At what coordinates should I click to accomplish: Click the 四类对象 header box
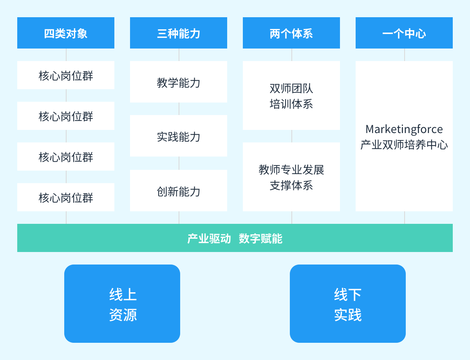(66, 33)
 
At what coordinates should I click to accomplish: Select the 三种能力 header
(179, 33)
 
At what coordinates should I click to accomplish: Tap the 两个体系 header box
(291, 33)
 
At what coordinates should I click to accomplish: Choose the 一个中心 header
(404, 33)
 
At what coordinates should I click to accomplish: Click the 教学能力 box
(179, 82)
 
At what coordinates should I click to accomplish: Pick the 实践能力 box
(179, 136)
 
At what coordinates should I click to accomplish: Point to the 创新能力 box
(179, 191)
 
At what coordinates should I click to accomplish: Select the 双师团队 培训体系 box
(291, 96)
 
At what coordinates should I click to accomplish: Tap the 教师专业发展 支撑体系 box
(291, 177)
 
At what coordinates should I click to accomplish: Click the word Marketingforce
(404, 129)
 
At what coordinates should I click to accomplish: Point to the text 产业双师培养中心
(404, 145)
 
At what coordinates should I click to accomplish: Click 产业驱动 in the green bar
(209, 238)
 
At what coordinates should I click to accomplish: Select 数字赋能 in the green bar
(260, 238)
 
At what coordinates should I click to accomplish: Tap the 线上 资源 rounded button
(122, 304)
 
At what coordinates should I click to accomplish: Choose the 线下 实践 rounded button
(348, 304)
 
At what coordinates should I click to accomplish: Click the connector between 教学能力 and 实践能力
(179, 109)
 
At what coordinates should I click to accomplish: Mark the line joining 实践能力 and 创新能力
(179, 163)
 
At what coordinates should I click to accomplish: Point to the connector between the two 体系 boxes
(292, 136)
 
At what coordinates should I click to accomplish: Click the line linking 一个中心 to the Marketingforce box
(405, 55)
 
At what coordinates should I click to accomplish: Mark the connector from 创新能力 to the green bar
(179, 218)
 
